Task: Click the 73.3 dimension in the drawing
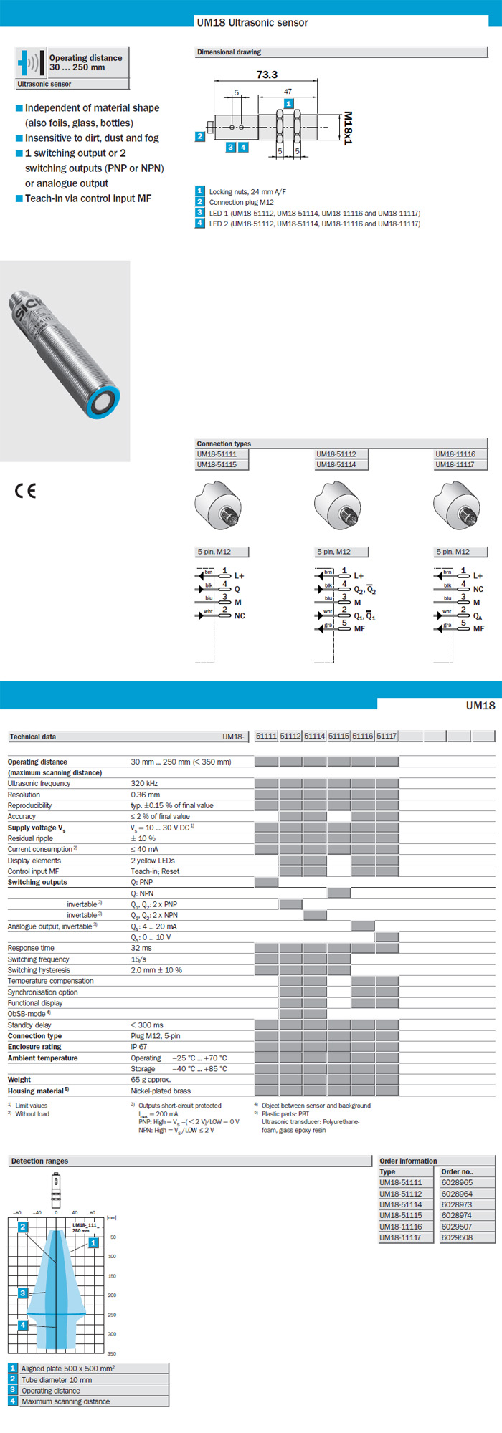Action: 267,75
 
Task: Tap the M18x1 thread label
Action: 348,128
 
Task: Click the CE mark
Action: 25,491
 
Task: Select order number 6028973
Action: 457,1204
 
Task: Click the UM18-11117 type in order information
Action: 400,1237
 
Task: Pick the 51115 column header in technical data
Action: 339,736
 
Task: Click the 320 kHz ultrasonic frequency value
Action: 144,783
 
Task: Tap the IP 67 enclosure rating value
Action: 139,1047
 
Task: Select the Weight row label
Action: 19,1079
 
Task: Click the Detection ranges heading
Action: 39,1161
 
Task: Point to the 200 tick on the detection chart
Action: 112,1295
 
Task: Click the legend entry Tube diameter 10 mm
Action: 57,1379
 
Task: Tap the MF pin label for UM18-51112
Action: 359,628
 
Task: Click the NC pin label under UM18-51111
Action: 240,615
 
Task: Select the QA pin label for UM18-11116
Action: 478,616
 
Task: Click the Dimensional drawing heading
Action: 229,52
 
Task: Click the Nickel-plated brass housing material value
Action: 161,1091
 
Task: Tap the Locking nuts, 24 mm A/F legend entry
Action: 247,192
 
